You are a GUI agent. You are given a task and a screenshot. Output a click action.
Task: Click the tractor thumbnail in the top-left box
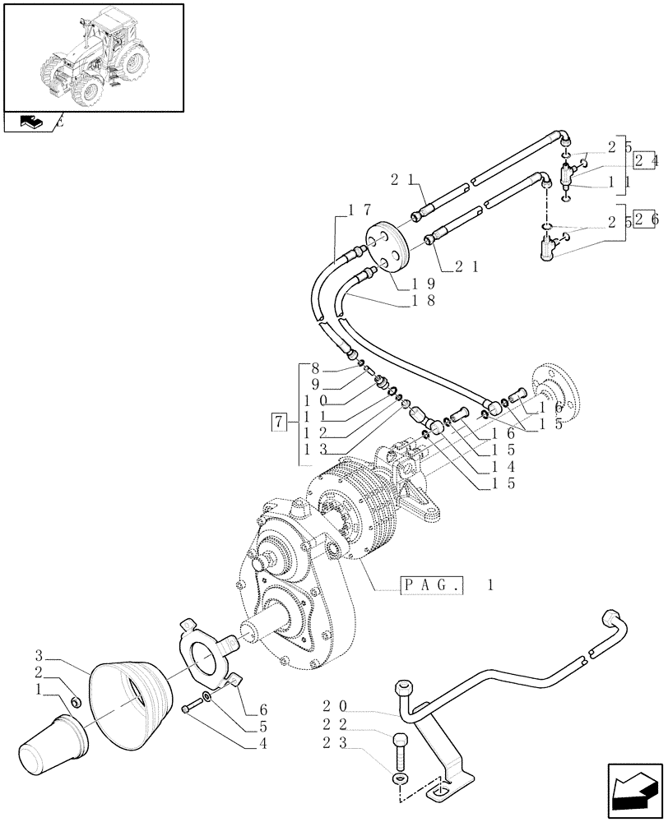point(92,56)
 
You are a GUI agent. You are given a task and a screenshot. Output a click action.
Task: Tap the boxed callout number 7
point(280,423)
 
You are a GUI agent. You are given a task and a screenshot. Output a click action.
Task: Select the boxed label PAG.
point(430,585)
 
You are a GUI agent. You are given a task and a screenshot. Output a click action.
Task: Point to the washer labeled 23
point(400,778)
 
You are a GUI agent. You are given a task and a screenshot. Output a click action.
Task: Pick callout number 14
point(499,465)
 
